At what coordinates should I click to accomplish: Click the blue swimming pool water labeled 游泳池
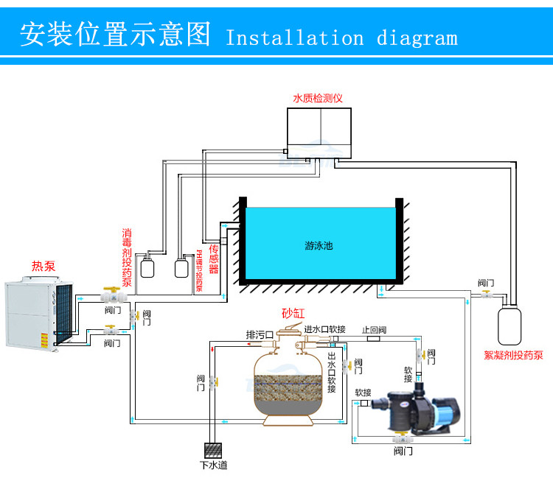click(x=319, y=244)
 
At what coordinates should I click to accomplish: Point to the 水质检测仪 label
click(x=318, y=97)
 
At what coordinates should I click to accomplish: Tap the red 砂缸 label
click(x=293, y=313)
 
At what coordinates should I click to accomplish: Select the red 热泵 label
click(x=44, y=266)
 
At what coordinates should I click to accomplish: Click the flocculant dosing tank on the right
click(x=509, y=326)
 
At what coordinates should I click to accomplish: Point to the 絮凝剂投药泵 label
click(x=513, y=355)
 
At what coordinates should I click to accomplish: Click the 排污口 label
click(x=260, y=334)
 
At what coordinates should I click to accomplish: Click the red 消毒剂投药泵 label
click(x=127, y=257)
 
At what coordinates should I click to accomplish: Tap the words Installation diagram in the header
click(x=341, y=38)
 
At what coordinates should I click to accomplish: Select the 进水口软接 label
click(x=324, y=328)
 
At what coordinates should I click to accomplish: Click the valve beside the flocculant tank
click(x=486, y=295)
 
